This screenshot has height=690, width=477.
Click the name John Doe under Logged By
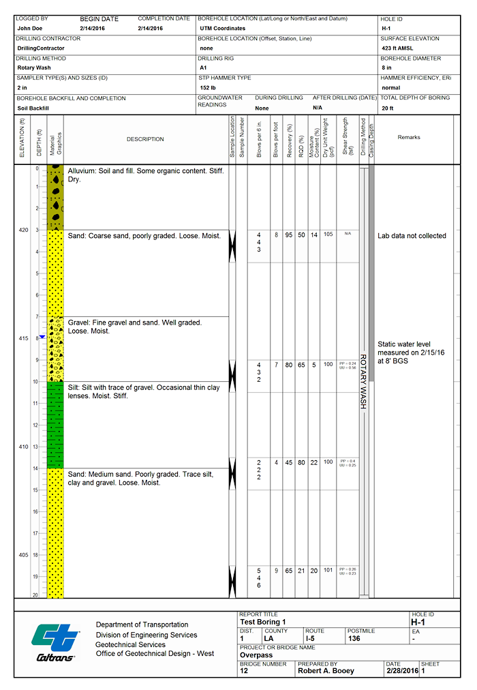point(30,29)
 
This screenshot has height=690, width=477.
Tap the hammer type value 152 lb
point(208,88)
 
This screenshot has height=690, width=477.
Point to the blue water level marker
point(42,337)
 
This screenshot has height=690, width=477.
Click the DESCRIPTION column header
point(145,139)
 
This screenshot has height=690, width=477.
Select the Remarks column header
point(409,137)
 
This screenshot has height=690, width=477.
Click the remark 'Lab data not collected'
point(412,236)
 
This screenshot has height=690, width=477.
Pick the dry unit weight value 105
point(328,235)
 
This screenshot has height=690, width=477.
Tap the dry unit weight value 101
point(328,570)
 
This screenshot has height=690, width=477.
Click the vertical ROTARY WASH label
point(363,382)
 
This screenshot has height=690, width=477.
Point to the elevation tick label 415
point(23,339)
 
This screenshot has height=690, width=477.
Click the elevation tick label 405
point(23,555)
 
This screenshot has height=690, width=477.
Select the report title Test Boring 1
point(263,622)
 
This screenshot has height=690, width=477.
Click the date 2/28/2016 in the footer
point(402,671)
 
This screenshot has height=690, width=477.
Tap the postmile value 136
point(354,638)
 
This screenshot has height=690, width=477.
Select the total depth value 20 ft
point(388,108)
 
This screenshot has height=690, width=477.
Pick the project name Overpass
point(256,655)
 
